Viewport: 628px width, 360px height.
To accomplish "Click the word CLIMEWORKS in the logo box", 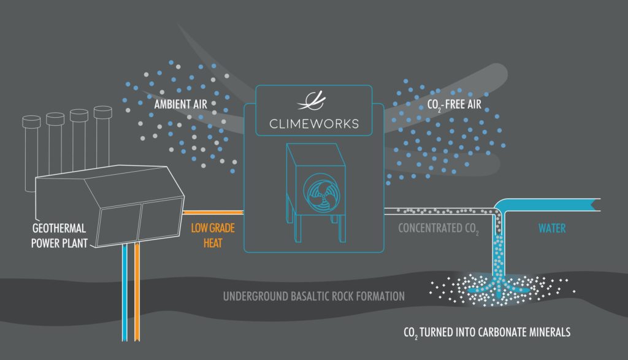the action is point(314,124).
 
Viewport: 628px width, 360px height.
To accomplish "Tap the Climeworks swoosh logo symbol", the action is point(312,101).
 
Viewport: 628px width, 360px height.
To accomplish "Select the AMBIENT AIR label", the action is point(181,104).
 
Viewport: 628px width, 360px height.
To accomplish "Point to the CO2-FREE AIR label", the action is point(454,105).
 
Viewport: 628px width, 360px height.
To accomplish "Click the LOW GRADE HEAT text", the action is point(213,236).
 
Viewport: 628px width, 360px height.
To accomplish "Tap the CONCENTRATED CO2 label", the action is point(438,229).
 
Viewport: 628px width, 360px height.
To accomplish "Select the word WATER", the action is point(552,228).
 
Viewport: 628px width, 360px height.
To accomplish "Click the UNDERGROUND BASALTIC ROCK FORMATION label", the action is point(313,296).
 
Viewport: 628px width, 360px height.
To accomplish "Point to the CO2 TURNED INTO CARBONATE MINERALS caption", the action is point(487,332).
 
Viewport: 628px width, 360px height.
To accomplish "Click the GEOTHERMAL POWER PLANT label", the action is point(59,236).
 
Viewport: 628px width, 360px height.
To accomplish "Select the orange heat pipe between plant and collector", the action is point(213,212).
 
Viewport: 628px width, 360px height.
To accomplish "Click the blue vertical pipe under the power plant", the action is point(124,292).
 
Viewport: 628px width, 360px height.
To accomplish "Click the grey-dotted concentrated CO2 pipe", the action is point(440,211).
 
